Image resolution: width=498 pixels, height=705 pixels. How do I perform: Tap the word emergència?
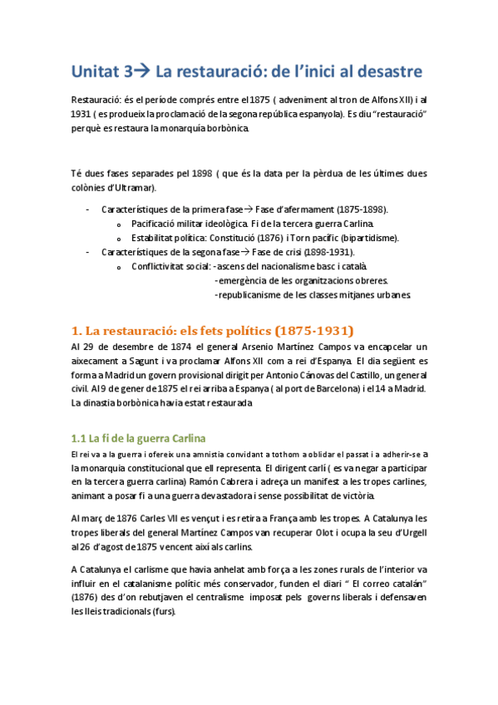pos(242,280)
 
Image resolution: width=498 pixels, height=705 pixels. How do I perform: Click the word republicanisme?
pos(248,294)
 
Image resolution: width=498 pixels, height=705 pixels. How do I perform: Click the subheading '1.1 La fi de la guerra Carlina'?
pos(138,437)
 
